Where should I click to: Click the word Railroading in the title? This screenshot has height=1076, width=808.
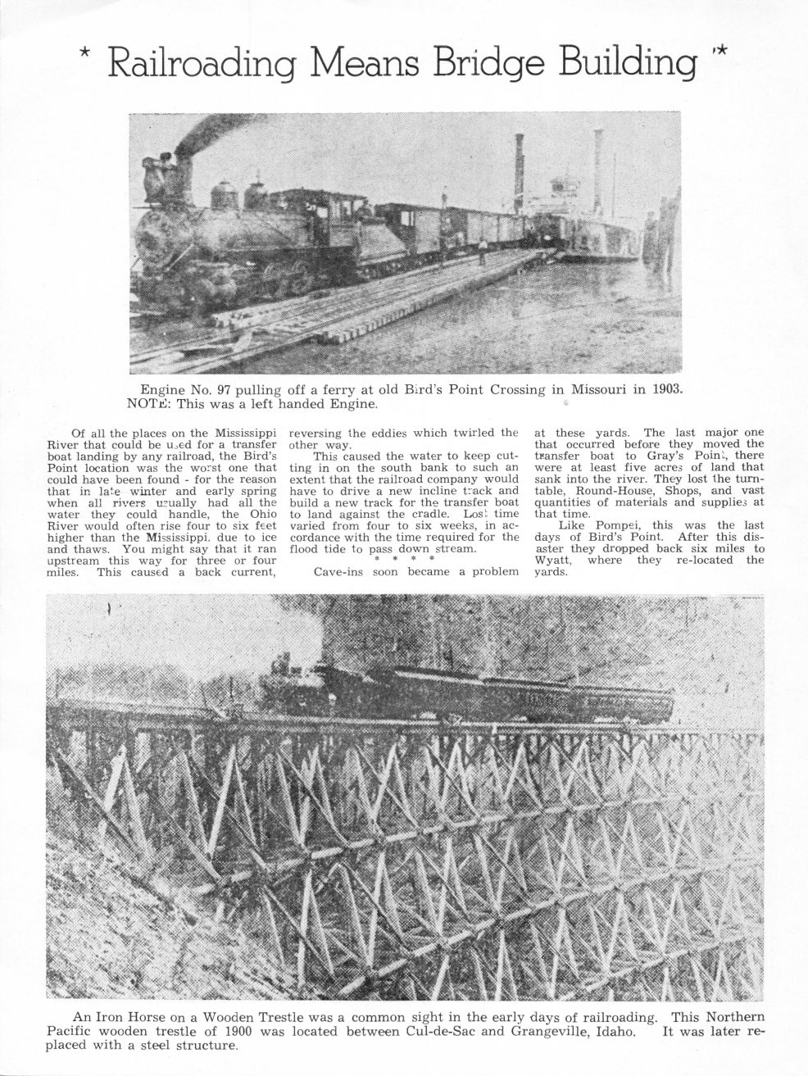pos(202,64)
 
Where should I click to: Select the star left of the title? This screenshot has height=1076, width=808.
pos(84,55)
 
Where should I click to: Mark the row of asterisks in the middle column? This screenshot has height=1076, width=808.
pos(402,559)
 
